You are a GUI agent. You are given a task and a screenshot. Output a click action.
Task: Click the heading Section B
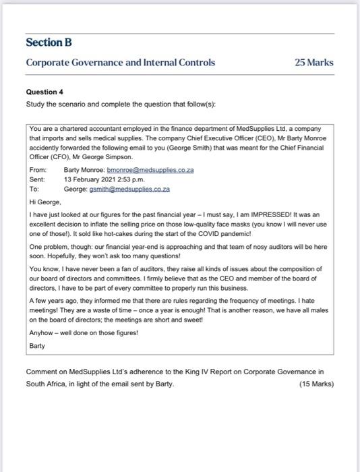pyautogui.click(x=49, y=42)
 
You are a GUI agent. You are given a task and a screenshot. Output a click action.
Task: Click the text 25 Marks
pyautogui.click(x=314, y=63)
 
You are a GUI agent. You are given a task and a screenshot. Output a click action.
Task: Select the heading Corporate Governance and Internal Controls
pyautogui.click(x=121, y=63)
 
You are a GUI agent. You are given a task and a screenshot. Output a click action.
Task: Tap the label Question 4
pyautogui.click(x=44, y=91)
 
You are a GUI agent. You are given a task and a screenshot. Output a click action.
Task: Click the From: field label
pyautogui.click(x=38, y=171)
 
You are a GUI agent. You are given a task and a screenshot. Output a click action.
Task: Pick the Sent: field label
pyautogui.click(x=37, y=180)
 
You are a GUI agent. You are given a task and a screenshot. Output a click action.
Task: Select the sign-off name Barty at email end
pyautogui.click(x=38, y=345)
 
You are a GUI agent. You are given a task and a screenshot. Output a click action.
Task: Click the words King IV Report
pyautogui.click(x=194, y=372)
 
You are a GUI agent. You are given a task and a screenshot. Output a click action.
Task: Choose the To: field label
pyautogui.click(x=35, y=189)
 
